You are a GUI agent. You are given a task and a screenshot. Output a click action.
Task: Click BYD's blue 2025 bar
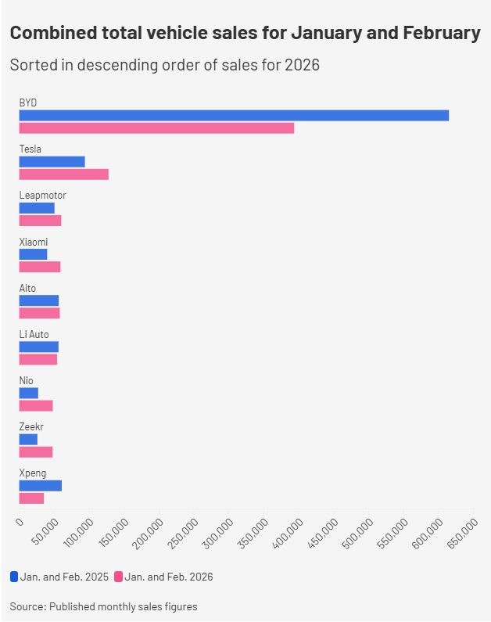(x=234, y=115)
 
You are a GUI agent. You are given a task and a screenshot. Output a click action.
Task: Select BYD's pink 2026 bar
(x=156, y=128)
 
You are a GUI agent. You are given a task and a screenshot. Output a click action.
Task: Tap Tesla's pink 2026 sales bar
(x=63, y=174)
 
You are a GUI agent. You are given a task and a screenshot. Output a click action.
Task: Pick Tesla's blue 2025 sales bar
(x=52, y=162)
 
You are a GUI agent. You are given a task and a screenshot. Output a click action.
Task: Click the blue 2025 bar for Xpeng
(x=40, y=486)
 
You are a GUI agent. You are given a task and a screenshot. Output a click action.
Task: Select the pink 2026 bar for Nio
(x=35, y=405)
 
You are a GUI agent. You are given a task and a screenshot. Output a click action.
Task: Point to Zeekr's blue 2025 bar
(x=28, y=440)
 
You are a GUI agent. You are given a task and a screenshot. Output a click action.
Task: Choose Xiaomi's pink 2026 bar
(x=39, y=267)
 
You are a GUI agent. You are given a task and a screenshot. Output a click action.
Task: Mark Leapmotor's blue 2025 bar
(x=37, y=208)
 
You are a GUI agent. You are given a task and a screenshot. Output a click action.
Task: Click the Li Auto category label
(x=34, y=334)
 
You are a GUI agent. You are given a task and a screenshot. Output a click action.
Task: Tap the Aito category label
(x=27, y=288)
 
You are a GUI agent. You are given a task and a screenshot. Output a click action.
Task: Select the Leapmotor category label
(x=42, y=195)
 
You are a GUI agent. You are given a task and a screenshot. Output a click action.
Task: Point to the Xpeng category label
(x=32, y=473)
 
